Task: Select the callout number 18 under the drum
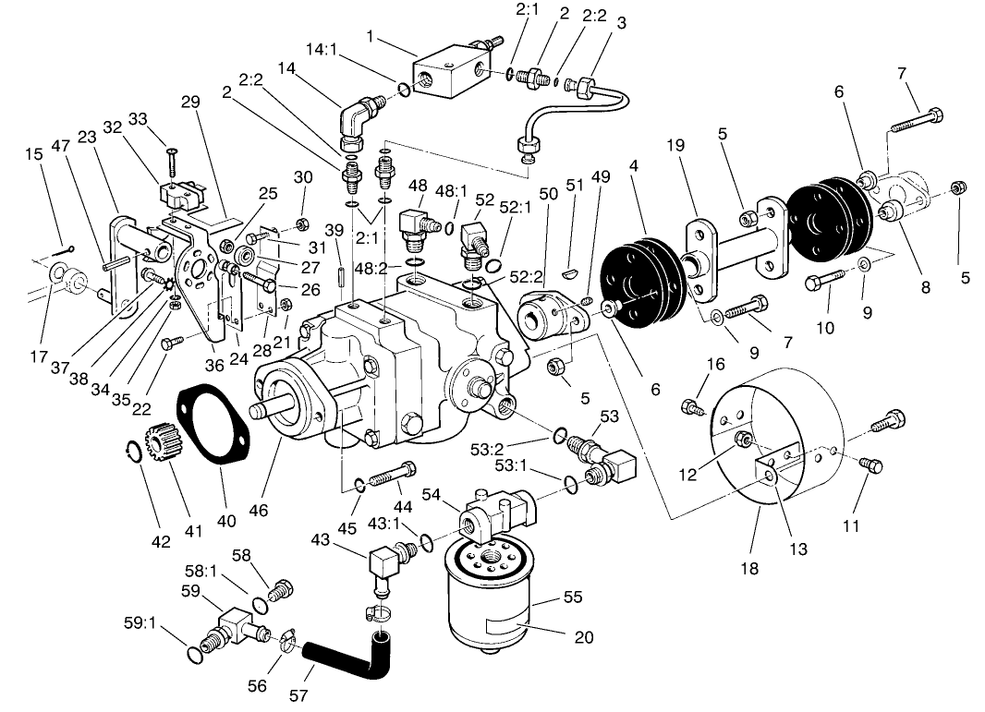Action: (x=748, y=569)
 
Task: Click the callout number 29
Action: (x=190, y=102)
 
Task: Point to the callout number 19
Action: (x=675, y=146)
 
